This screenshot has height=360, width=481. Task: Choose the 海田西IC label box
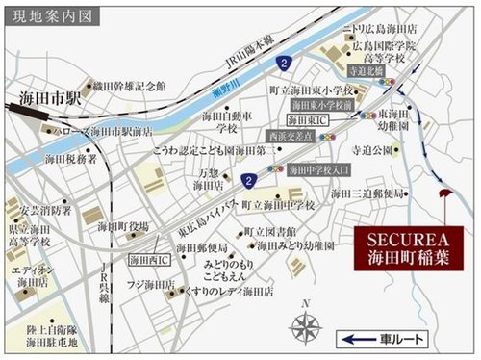[x=152, y=257]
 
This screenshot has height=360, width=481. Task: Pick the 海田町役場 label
[x=123, y=228]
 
